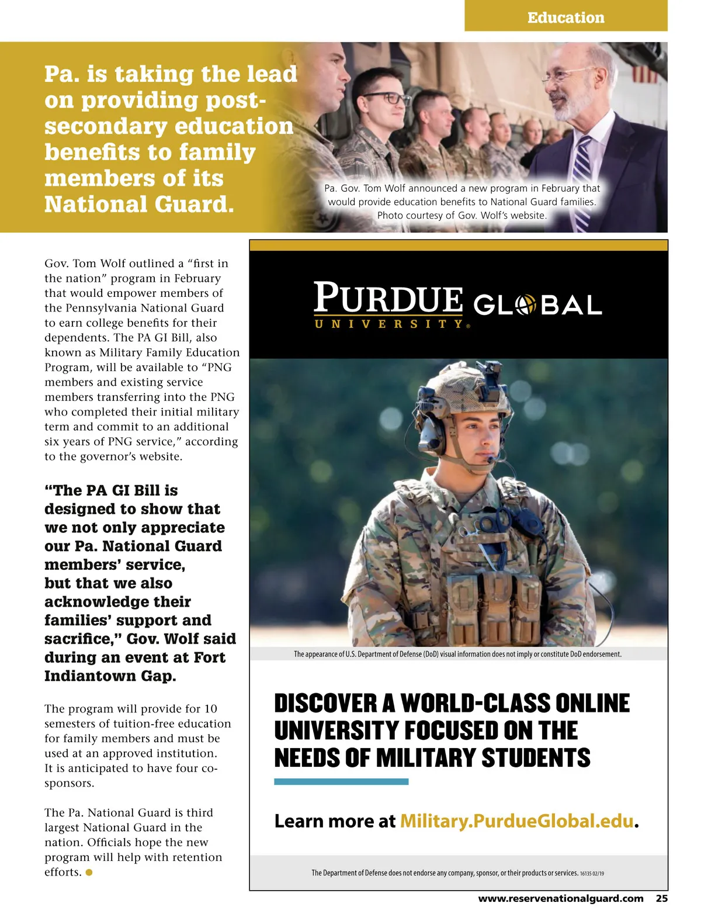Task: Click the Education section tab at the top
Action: pyautogui.click(x=565, y=18)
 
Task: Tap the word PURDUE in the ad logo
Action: pyautogui.click(x=388, y=298)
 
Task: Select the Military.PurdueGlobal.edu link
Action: pyautogui.click(x=516, y=821)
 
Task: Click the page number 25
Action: pyautogui.click(x=661, y=898)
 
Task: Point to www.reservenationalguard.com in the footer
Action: pyautogui.click(x=561, y=898)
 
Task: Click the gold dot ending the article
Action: pyautogui.click(x=89, y=873)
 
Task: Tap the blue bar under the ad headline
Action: pyautogui.click(x=341, y=781)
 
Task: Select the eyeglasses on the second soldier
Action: pyautogui.click(x=385, y=98)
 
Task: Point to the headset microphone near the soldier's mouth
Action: pyautogui.click(x=495, y=460)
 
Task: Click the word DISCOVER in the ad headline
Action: pyautogui.click(x=326, y=703)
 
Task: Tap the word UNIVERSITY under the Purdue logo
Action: pyautogui.click(x=389, y=324)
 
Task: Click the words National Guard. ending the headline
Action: pyautogui.click(x=139, y=204)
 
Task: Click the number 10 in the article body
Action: pyautogui.click(x=210, y=709)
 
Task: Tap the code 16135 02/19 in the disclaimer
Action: pyautogui.click(x=592, y=873)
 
